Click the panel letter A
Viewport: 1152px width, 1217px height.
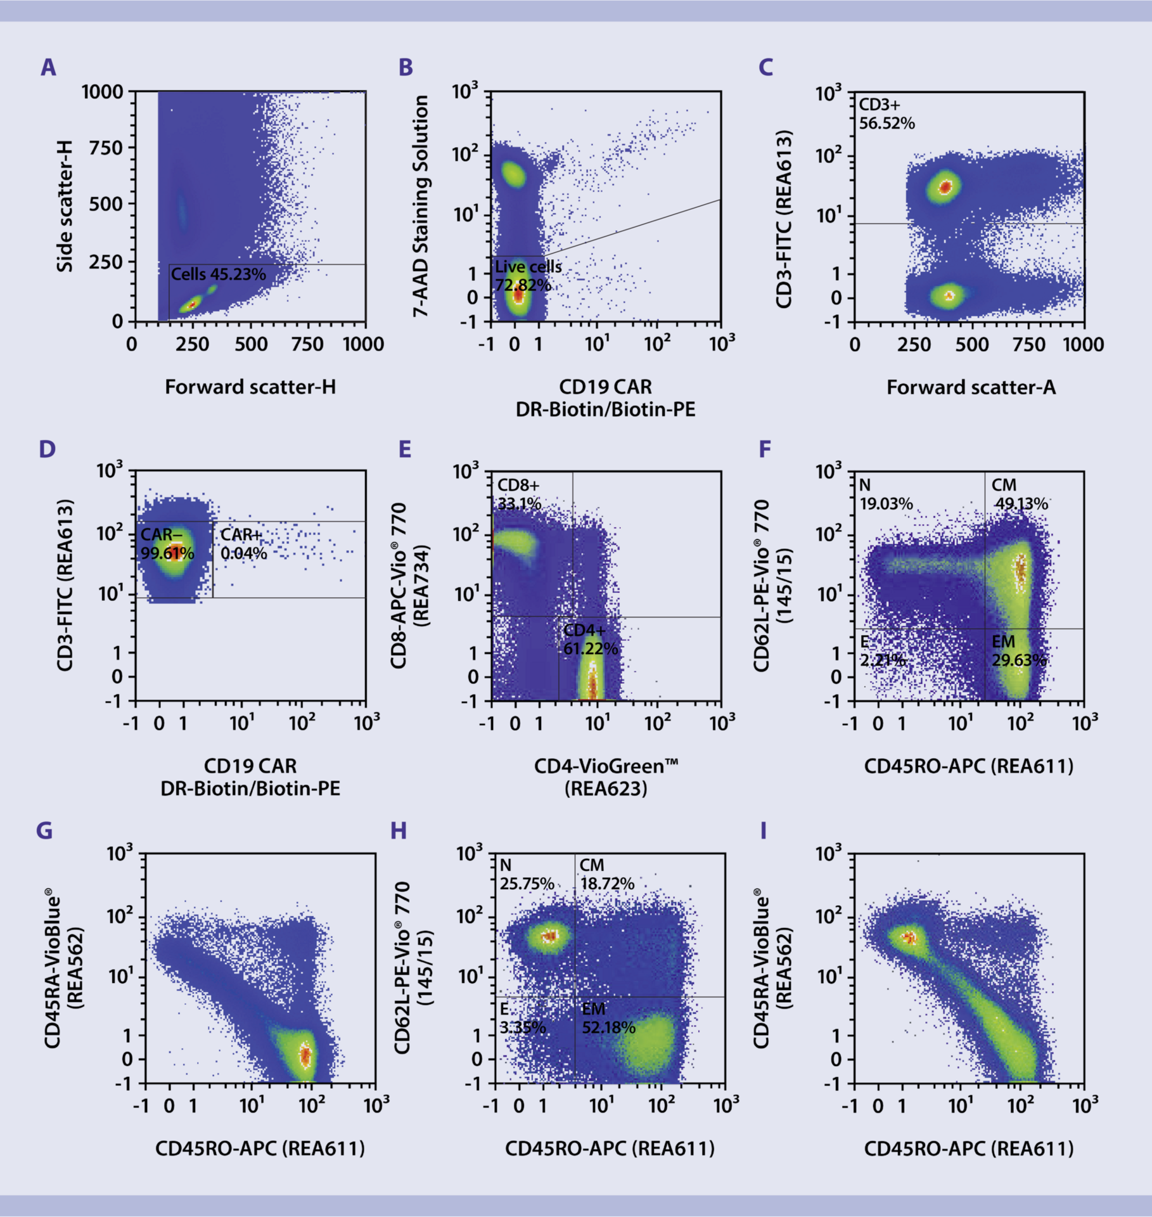(48, 67)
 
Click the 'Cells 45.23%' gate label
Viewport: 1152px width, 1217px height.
(218, 274)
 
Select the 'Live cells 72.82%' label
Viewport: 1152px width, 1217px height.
(527, 276)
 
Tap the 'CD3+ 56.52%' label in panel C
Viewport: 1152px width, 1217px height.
(886, 114)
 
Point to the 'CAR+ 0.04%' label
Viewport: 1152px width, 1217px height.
(243, 544)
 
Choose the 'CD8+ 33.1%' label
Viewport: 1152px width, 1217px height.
(519, 494)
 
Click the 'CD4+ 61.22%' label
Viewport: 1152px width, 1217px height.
(590, 639)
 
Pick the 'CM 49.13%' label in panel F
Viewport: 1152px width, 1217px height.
(1019, 494)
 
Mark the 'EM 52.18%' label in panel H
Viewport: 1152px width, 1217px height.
(608, 1018)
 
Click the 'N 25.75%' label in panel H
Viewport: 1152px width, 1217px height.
(526, 875)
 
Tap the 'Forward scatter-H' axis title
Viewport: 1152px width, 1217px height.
(250, 387)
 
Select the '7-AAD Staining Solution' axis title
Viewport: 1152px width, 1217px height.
(421, 206)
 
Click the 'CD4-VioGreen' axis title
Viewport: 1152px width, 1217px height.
(606, 766)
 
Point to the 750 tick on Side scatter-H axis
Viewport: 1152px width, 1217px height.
(106, 148)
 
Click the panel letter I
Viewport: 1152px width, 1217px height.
(764, 830)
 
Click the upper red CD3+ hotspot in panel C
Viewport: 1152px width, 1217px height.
(945, 186)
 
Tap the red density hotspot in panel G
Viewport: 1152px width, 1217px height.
(305, 1055)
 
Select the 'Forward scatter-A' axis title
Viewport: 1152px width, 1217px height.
(971, 387)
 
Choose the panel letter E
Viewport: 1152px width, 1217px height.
(404, 449)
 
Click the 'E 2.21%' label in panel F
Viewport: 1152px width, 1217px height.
(881, 651)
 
